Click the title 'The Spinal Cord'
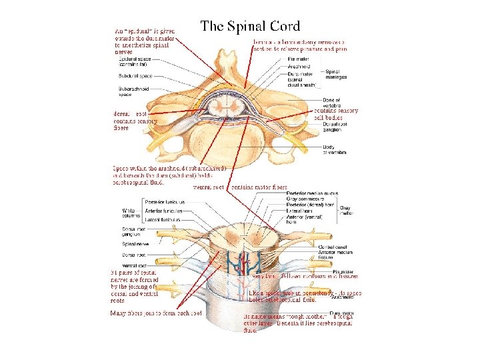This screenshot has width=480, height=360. tap(250, 27)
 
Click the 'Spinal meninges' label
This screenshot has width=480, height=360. tap(335, 74)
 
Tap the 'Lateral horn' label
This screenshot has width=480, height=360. tap(307, 211)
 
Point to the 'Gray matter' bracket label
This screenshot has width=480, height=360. tap(345, 211)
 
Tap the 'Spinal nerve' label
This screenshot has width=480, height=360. tap(133, 244)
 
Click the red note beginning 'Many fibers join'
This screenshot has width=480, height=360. tap(156, 313)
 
